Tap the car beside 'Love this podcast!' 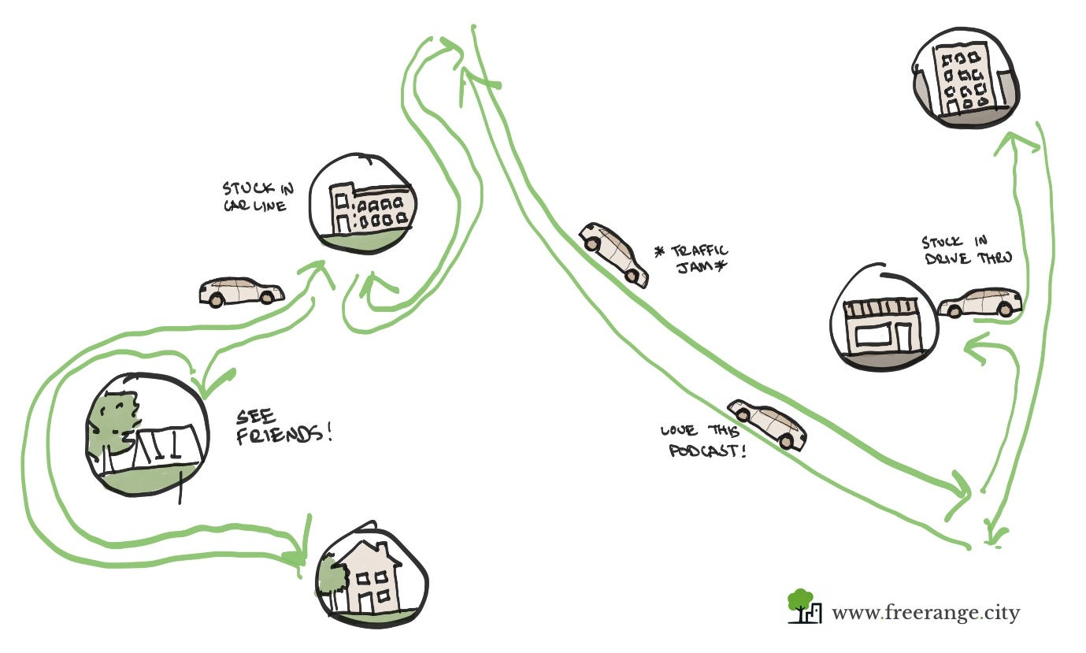(x=766, y=423)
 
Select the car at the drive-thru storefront (x=980, y=302)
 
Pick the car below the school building (x=241, y=291)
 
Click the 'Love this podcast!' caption (x=704, y=441)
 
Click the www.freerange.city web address (x=925, y=612)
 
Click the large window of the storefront (x=877, y=336)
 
